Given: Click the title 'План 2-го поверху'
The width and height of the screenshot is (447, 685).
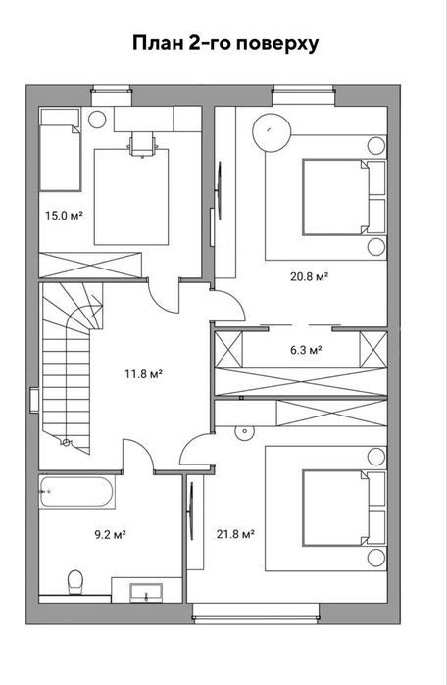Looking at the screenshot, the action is tap(225, 44).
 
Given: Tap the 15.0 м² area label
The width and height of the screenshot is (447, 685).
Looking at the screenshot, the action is tap(65, 215).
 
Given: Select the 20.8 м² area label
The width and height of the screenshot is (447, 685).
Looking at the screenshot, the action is tap(310, 276).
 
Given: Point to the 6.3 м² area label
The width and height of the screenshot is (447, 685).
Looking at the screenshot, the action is tap(306, 350).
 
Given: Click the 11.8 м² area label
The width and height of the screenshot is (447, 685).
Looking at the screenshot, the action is tap(144, 374).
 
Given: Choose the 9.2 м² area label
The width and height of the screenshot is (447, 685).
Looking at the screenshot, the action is tap(111, 534).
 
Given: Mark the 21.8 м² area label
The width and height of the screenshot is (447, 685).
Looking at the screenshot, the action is tap(236, 534).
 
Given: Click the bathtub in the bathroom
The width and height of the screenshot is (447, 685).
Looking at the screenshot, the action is tap(76, 492).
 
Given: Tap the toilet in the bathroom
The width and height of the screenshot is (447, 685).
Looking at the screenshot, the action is tap(75, 582).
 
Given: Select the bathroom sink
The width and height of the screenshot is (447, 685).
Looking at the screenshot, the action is tap(146, 593).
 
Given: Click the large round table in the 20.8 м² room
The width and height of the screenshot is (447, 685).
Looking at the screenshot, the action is tap(272, 133).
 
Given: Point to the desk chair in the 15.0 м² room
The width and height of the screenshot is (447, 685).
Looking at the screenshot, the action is tap(142, 145).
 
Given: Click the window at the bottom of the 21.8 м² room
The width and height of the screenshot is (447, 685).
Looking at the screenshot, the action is tap(256, 612).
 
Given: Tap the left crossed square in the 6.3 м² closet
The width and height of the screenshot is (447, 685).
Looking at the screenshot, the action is tap(229, 350).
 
